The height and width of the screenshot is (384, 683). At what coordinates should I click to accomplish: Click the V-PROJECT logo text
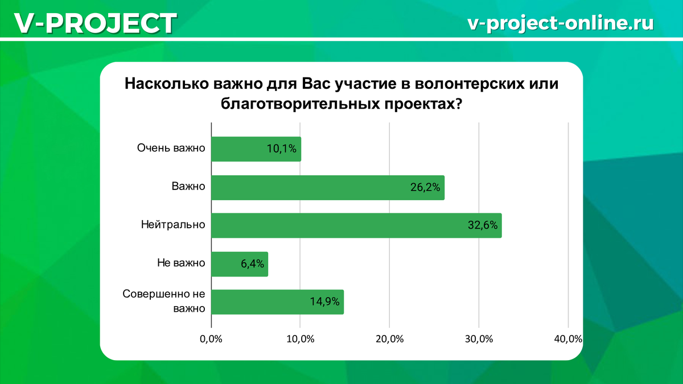click(x=96, y=23)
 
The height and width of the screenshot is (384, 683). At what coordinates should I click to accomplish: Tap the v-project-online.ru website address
click(x=561, y=23)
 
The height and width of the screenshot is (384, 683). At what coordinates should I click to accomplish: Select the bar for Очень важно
click(x=256, y=149)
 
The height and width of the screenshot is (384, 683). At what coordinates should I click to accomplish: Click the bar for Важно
click(x=328, y=187)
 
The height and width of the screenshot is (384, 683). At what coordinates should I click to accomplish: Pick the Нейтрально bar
click(x=356, y=225)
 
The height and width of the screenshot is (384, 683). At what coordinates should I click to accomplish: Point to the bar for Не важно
click(x=240, y=264)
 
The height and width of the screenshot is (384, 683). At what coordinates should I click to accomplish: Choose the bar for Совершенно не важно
click(x=278, y=302)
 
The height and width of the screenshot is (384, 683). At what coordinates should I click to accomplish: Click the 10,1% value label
click(x=281, y=148)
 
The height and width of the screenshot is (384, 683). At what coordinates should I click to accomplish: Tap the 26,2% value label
click(x=425, y=187)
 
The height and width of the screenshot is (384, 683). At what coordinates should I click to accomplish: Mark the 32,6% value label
click(x=483, y=225)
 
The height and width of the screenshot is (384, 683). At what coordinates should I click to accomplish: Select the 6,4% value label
click(x=253, y=263)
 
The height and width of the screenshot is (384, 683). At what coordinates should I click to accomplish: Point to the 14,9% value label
click(x=325, y=302)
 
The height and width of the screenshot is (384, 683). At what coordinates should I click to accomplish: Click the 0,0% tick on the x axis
click(x=211, y=339)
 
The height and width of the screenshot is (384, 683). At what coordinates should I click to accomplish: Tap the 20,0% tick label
click(x=390, y=339)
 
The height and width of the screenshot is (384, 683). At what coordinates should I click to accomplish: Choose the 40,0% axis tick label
click(x=568, y=339)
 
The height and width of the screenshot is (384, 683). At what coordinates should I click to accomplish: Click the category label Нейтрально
click(x=173, y=225)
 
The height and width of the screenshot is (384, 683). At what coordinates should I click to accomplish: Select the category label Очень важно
click(x=171, y=148)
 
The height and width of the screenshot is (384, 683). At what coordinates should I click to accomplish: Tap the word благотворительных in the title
click(x=300, y=104)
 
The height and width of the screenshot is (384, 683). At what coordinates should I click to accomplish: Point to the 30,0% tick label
click(x=479, y=339)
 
